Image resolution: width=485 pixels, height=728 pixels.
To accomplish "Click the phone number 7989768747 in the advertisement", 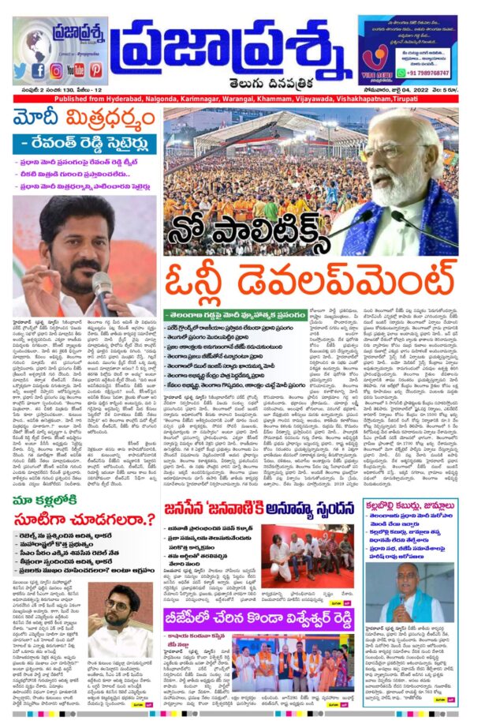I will (x=428, y=72).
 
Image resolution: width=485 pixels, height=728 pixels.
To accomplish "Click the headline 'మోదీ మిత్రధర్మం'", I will (x=84, y=123).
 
